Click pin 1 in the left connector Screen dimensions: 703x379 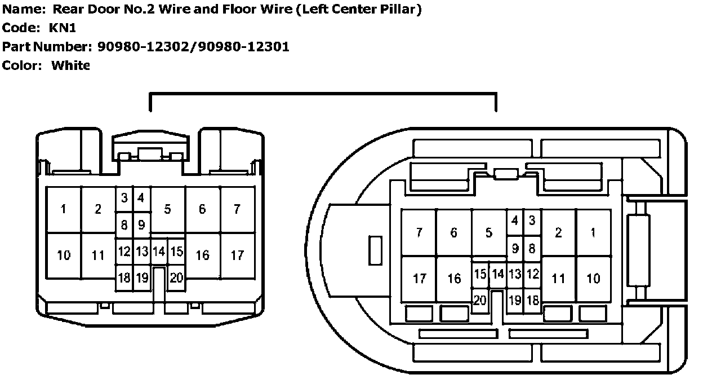[64, 209]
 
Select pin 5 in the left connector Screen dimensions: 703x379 [167, 209]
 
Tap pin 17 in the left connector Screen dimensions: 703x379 [237, 255]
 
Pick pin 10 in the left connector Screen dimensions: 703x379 [64, 255]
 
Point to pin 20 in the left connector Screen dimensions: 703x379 [176, 277]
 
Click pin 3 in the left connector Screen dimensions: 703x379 [124, 198]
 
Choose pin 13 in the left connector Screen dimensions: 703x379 [142, 251]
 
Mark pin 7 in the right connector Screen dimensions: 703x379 [419, 232]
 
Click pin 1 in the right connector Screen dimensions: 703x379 [593, 232]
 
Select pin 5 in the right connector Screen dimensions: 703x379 [488, 232]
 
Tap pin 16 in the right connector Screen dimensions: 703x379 [454, 278]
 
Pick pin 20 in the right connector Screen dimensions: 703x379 [479, 300]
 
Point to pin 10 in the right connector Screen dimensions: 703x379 [593, 278]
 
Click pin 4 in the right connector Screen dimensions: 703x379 [514, 221]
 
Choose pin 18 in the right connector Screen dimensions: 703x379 [532, 300]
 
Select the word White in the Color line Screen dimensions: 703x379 [70, 65]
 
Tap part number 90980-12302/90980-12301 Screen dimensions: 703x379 [193, 46]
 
